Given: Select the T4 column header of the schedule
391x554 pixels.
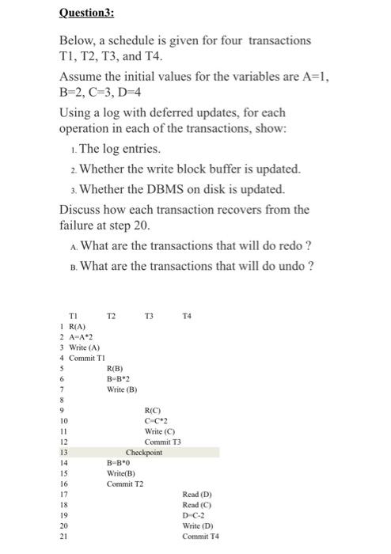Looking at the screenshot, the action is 186,315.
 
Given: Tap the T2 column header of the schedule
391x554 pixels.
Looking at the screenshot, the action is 112,315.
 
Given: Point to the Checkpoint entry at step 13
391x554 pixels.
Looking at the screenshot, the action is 144,453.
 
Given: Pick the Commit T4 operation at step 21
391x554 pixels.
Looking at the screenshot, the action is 200,536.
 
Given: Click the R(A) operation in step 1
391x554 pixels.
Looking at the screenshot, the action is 78,325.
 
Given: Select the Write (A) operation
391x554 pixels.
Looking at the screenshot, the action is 82,347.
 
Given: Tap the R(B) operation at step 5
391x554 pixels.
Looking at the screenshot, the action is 115,368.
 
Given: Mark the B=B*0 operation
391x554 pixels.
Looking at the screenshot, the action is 119,463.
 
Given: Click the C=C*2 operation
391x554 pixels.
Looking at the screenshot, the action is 156,420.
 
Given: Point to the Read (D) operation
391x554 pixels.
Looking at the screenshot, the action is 197,494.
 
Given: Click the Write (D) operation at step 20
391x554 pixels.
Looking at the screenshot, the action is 197,526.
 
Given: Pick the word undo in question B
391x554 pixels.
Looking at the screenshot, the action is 290,265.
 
